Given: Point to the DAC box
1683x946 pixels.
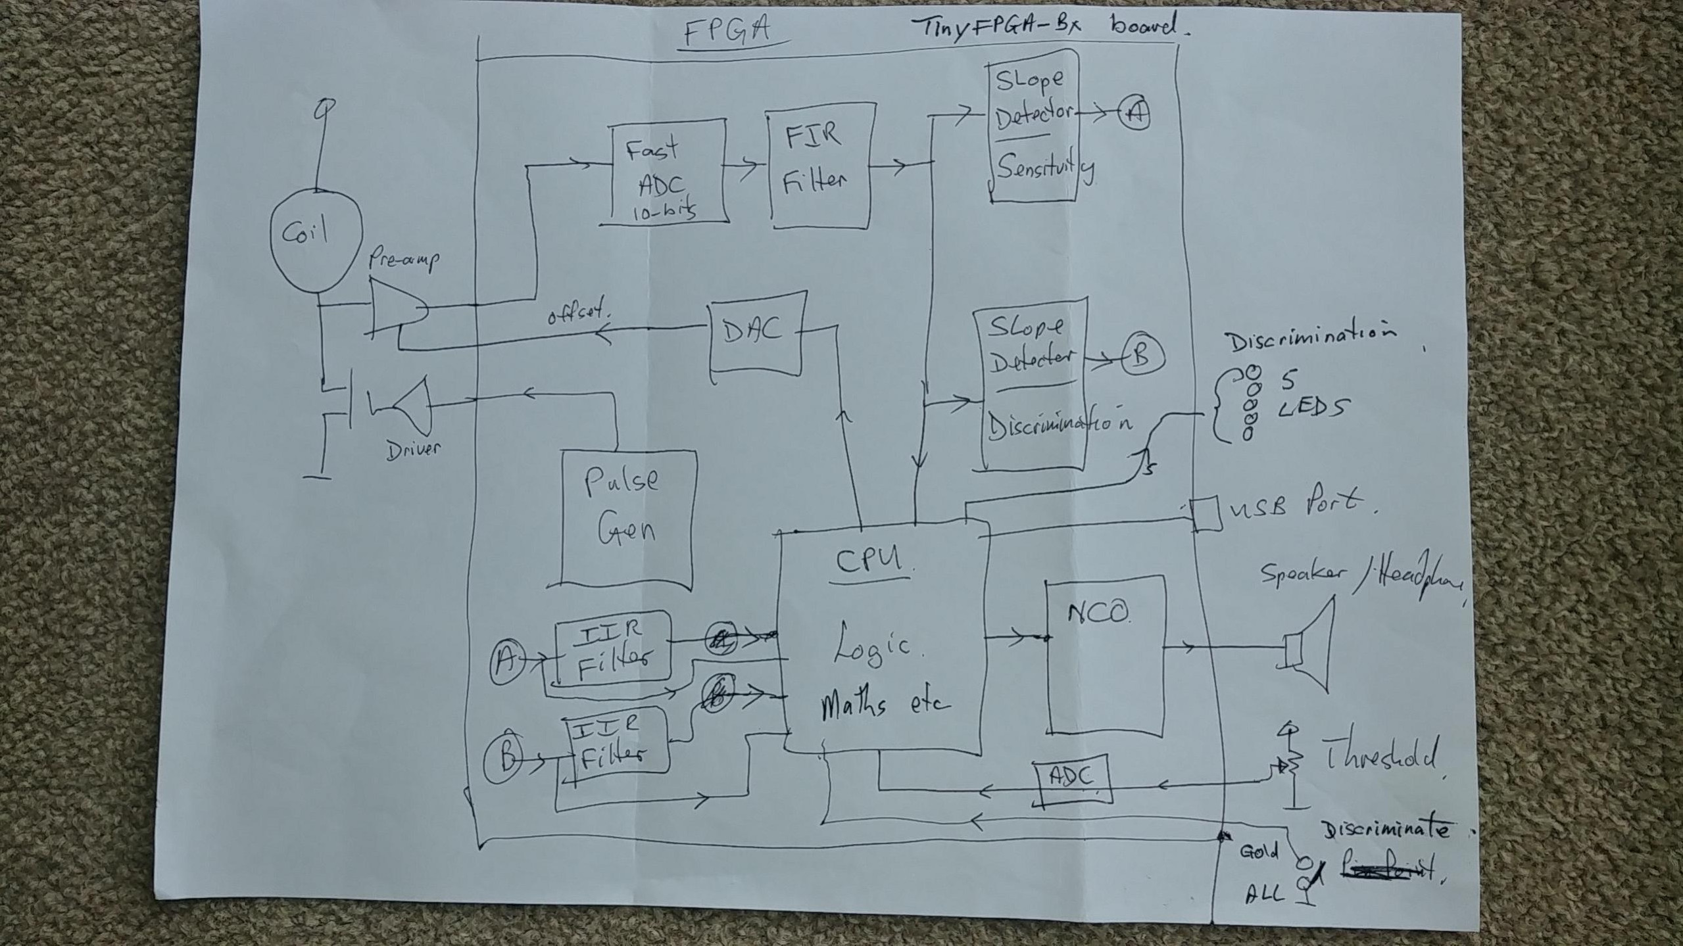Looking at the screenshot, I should click(756, 333).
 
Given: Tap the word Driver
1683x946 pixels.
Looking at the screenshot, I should click(413, 449).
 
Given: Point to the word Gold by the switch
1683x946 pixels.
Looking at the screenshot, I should click(1258, 853).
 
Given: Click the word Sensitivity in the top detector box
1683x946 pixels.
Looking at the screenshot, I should click(1044, 170).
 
